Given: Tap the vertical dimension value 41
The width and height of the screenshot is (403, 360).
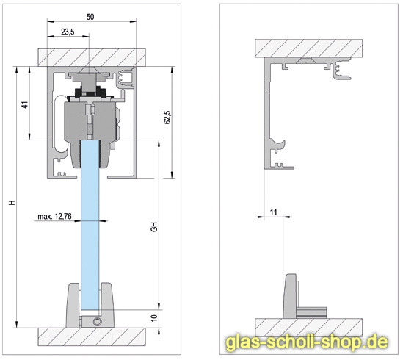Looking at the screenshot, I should click(x=24, y=104).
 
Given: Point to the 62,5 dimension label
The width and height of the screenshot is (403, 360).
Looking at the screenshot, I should click(x=167, y=117).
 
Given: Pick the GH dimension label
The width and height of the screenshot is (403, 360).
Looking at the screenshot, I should click(x=154, y=227).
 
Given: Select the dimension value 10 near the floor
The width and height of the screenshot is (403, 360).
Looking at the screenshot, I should click(x=154, y=318).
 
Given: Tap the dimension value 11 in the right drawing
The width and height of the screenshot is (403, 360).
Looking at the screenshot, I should click(x=273, y=212).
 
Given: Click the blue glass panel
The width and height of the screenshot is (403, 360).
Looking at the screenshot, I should click(x=92, y=220).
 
